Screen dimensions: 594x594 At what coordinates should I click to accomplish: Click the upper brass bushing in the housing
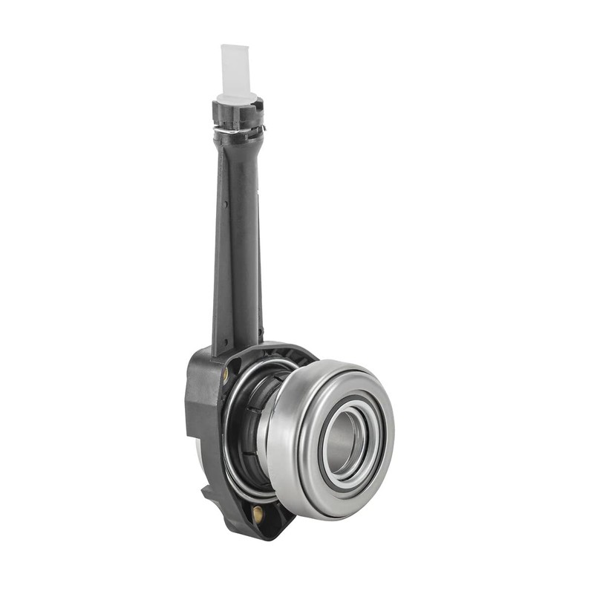[226, 376]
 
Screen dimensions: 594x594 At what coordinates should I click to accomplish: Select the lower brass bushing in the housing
[257, 512]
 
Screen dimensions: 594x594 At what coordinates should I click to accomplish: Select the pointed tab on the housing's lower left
[206, 491]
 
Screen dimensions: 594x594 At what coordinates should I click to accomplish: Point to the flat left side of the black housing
[195, 416]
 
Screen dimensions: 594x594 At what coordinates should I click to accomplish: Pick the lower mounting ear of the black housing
[260, 520]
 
